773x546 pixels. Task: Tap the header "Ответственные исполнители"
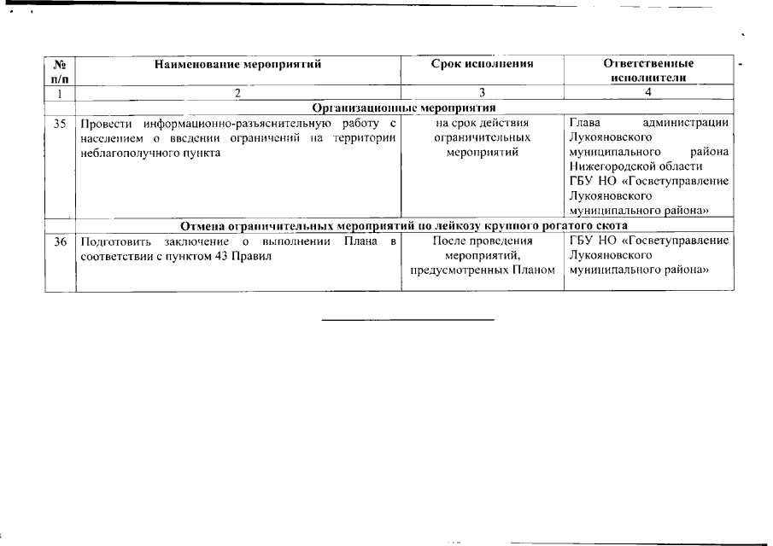[648, 70]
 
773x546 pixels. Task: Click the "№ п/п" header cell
[60, 70]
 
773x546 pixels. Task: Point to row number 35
[60, 124]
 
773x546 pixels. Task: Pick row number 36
[60, 241]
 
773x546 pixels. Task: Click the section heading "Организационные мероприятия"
[404, 107]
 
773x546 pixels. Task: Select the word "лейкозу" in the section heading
[455, 226]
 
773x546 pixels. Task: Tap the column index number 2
[237, 92]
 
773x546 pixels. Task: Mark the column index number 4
[648, 92]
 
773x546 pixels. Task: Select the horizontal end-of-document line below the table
[408, 320]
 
